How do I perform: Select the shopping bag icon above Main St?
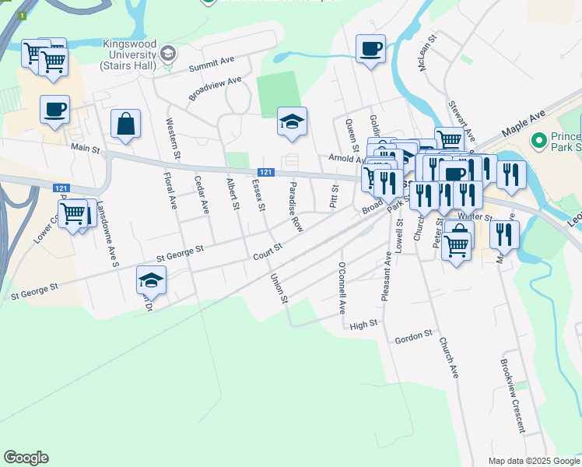125,123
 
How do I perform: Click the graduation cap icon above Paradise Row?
292,121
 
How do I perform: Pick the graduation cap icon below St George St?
151,280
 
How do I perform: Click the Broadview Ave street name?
215,88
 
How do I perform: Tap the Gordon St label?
413,335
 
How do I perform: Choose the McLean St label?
429,52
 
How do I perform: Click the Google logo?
26,458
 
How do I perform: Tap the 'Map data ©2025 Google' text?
533,461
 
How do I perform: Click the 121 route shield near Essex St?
266,172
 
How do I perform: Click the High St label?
363,324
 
